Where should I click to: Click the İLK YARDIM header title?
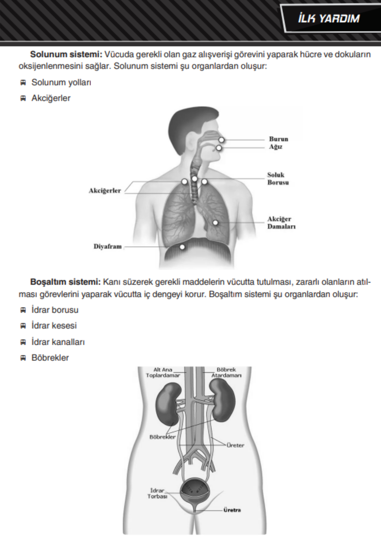(329, 19)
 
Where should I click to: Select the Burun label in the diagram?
(279, 139)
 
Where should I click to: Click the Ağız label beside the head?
(275, 147)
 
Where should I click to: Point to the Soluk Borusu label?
(278, 179)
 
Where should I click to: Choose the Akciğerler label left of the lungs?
(105, 191)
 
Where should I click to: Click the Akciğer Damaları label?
(281, 223)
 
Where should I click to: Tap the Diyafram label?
(108, 246)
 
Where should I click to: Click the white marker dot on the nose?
(221, 140)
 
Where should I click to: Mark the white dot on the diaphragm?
(182, 247)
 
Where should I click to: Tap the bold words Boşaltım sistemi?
(65, 282)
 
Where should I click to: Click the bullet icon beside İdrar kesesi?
(23, 326)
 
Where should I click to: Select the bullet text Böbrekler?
(50, 358)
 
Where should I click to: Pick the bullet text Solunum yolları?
(61, 82)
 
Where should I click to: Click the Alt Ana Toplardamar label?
(163, 372)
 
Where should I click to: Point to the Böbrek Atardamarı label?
(226, 372)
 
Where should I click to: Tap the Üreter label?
(235, 445)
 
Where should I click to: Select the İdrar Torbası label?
(157, 493)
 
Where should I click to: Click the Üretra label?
(232, 510)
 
